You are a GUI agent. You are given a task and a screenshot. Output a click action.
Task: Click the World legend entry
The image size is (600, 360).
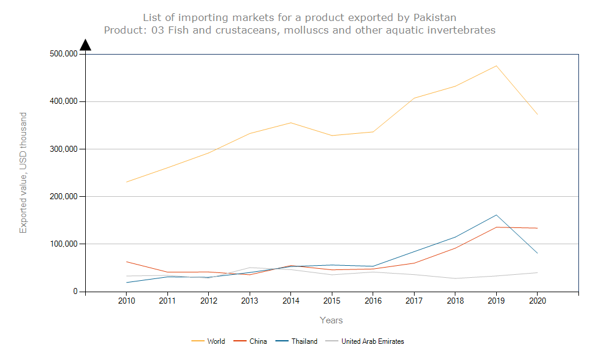pos(216,341)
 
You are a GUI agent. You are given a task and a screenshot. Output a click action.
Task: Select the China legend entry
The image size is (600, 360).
pos(258,341)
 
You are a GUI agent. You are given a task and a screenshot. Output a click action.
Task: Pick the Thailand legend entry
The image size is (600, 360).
pos(304,341)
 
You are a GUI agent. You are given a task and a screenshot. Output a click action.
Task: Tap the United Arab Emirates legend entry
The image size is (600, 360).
pos(372,341)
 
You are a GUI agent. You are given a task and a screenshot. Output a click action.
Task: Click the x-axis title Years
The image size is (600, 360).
pos(331,320)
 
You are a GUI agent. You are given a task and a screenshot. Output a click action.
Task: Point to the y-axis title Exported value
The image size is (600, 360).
pos(23,173)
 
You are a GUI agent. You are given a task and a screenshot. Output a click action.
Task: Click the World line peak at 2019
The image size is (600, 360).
pos(496,66)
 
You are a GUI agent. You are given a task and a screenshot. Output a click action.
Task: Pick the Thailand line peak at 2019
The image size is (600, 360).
pos(496,215)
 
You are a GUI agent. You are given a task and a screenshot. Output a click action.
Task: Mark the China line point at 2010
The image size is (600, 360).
pos(126,262)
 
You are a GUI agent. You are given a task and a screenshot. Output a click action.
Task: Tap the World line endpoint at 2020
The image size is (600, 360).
pos(537,114)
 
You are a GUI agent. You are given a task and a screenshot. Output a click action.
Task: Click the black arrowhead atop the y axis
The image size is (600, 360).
pos(85,45)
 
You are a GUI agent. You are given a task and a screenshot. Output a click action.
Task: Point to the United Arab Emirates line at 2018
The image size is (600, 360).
pos(455,278)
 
